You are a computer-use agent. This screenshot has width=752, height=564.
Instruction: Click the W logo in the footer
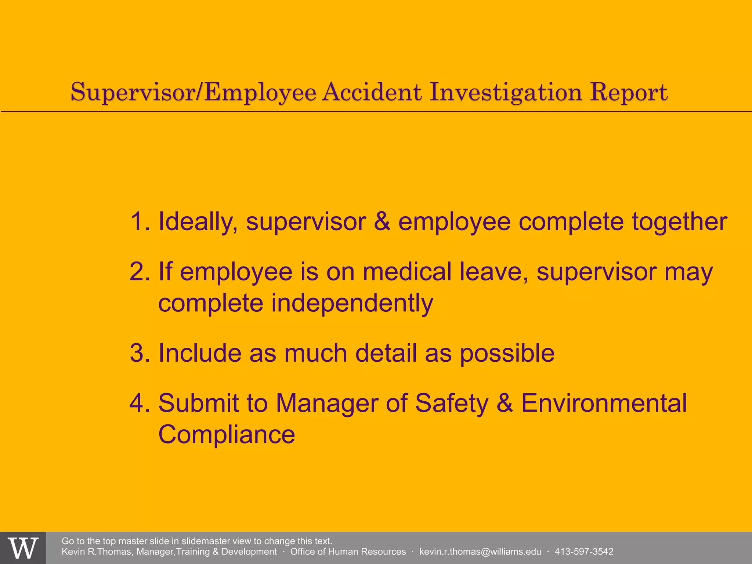23,548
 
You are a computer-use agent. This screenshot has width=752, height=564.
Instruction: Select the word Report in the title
629,93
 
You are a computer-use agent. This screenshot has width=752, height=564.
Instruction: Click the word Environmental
604,403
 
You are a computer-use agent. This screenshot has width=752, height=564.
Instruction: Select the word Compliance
227,435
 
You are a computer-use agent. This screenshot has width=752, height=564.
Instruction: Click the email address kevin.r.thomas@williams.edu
480,552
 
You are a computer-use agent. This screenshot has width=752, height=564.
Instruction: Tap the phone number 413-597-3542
584,552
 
